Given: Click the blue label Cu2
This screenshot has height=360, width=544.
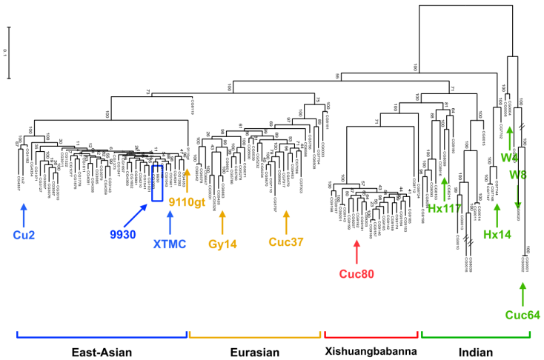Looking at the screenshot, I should tap(24, 235).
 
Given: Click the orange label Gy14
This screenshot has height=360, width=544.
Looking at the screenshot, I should tap(222, 244).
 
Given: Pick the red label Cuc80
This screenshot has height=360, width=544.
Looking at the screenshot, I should tap(357, 273).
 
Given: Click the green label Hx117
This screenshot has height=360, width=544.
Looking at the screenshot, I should tap(443, 210).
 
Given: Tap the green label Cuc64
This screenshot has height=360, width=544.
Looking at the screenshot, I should tap(523, 315).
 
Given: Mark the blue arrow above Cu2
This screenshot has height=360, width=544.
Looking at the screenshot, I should tap(24, 214).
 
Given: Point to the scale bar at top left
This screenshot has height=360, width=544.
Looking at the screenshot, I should tap(10, 52).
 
